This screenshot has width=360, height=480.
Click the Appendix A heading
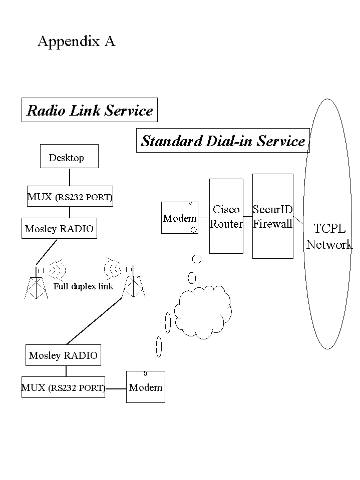tap(77, 42)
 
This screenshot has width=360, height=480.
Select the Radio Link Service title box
tap(90, 110)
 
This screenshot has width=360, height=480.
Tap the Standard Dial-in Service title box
tap(223, 141)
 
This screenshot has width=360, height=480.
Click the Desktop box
tap(69, 157)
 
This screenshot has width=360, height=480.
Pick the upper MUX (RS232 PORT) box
tap(70, 197)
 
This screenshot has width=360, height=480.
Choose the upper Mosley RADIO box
tap(59, 229)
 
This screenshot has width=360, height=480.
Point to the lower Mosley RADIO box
tap(63, 355)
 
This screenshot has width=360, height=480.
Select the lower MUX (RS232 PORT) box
tap(63, 387)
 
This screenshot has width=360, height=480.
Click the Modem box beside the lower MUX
tap(146, 387)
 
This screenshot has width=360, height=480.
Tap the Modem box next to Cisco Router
tap(180, 218)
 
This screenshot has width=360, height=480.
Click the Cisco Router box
tap(226, 216)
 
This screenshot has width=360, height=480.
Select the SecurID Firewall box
tap(273, 216)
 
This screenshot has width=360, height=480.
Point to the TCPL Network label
tap(329, 236)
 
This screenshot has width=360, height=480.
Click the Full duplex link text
tap(83, 287)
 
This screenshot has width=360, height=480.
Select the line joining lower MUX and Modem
tap(116, 388)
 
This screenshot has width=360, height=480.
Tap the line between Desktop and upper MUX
tap(69, 177)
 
